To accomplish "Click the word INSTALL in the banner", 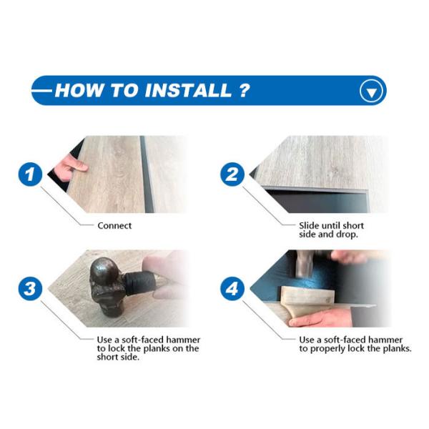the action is pyautogui.click(x=188, y=90).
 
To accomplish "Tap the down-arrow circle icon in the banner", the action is pyautogui.click(x=371, y=91).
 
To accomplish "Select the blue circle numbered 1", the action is pyautogui.click(x=30, y=174).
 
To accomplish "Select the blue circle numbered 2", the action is pyautogui.click(x=232, y=174).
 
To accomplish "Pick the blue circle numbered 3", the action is pyautogui.click(x=30, y=289).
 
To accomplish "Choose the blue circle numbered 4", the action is pyautogui.click(x=232, y=289).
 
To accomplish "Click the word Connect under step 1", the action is pyautogui.click(x=114, y=226).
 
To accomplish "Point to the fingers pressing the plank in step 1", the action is pyautogui.click(x=71, y=167).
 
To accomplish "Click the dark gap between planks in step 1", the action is pyautogui.click(x=147, y=174).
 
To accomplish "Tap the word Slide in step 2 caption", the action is pyautogui.click(x=309, y=226).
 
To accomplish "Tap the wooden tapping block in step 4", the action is pyautogui.click(x=307, y=295).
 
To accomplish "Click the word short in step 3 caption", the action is pyautogui.click(x=107, y=357).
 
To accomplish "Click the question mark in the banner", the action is pyautogui.click(x=244, y=90).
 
